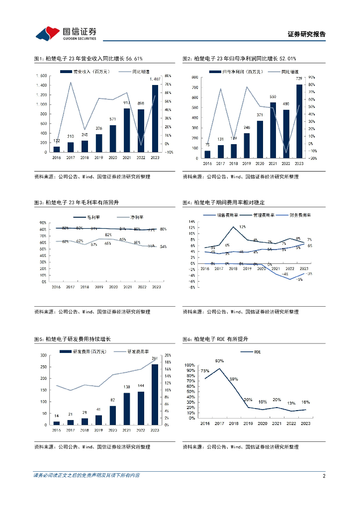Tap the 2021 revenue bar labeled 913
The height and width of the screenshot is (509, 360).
tap(127, 130)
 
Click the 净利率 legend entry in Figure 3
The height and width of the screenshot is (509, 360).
tap(131, 217)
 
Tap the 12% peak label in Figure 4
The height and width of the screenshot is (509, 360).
tap(242, 227)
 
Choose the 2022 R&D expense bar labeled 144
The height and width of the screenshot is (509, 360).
tap(141, 408)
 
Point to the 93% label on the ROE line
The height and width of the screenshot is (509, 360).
tap(219, 361)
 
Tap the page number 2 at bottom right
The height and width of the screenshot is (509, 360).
tap(324, 476)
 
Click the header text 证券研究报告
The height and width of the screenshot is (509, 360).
tap(307, 34)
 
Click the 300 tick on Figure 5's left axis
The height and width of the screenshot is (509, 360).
tap(43, 355)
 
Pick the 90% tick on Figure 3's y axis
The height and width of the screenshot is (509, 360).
tap(44, 223)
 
